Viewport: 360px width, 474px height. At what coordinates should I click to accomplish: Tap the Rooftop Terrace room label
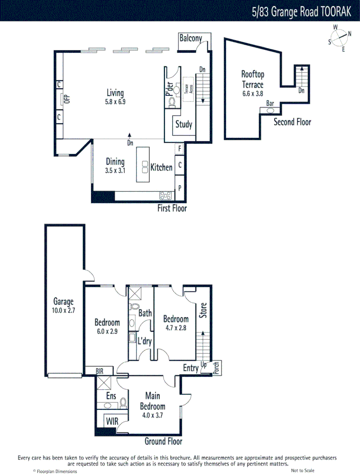pyautogui.click(x=253, y=79)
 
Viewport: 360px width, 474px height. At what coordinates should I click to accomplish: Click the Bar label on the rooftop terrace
pyautogui.click(x=271, y=103)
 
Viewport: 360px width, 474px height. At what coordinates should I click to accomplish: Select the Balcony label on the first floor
pyautogui.click(x=190, y=38)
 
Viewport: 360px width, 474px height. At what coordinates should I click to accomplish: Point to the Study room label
pyautogui.click(x=184, y=124)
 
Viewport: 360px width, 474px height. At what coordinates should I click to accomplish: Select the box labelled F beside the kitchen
pyautogui.click(x=179, y=149)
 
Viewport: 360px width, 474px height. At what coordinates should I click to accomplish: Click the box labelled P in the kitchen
pyautogui.click(x=179, y=187)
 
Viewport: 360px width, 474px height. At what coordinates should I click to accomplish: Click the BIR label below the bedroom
pyautogui.click(x=100, y=371)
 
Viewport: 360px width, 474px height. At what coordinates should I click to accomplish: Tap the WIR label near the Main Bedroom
pyautogui.click(x=111, y=422)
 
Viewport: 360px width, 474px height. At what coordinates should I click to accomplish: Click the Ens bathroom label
pyautogui.click(x=111, y=396)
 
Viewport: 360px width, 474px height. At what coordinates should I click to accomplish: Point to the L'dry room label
pyautogui.click(x=145, y=341)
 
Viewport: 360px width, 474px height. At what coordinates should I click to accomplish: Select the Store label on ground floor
pyautogui.click(x=203, y=311)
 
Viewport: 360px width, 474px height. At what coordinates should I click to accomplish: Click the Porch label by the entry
pyautogui.click(x=216, y=368)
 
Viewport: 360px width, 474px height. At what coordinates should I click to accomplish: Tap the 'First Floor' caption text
pyautogui.click(x=172, y=208)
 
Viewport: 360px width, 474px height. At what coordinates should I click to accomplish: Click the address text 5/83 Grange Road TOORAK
pyautogui.click(x=302, y=11)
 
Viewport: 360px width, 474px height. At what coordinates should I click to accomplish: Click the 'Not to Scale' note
pyautogui.click(x=303, y=470)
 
